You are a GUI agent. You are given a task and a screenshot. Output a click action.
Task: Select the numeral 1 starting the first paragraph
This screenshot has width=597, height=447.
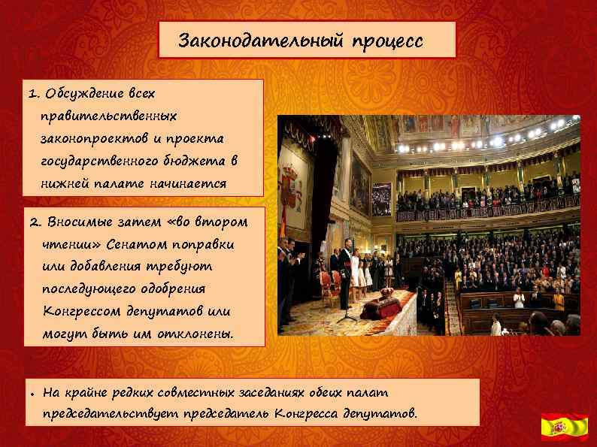click(x=32, y=95)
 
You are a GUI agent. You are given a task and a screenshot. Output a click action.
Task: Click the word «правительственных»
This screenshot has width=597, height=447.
click(x=110, y=117)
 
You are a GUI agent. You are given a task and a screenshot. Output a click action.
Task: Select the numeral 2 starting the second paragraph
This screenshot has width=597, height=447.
click(x=33, y=222)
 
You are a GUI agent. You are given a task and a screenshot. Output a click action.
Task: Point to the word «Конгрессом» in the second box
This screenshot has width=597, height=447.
click(x=82, y=312)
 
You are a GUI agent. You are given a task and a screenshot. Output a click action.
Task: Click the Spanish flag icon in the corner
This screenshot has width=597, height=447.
click(x=565, y=426)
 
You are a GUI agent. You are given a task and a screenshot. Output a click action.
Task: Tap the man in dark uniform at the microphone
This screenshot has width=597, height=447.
click(x=345, y=274)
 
